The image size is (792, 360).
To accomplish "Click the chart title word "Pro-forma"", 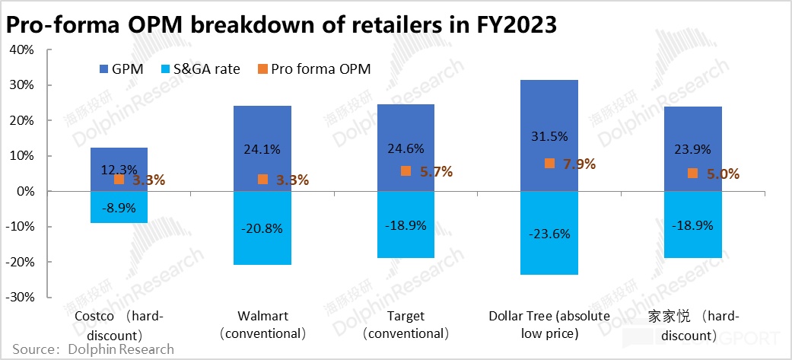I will click(x=57, y=24).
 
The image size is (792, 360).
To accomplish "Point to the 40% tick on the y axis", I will click(x=22, y=50).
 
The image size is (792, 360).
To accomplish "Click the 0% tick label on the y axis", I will click(x=26, y=191).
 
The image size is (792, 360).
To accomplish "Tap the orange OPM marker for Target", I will click(x=406, y=171).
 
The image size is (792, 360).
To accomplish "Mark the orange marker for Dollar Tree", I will click(x=549, y=163).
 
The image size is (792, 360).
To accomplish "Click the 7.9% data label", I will click(x=580, y=164).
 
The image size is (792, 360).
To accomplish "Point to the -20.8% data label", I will click(x=262, y=227).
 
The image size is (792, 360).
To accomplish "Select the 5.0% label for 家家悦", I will click(x=724, y=174).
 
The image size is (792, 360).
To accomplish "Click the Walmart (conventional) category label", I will click(x=262, y=325).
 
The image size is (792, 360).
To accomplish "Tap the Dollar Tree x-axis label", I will click(x=549, y=325).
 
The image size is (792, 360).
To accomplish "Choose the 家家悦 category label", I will click(x=693, y=325).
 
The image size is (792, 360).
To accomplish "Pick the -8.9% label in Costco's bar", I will click(x=119, y=205).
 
